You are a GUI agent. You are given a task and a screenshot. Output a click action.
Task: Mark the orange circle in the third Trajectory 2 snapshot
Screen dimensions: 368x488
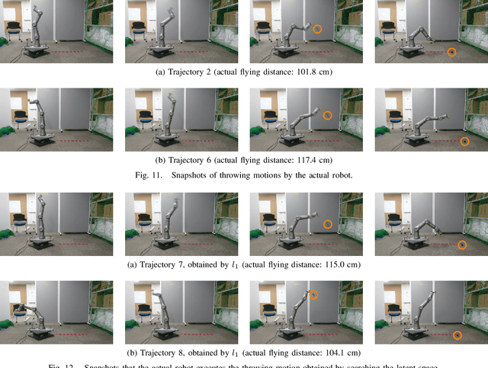pos(317,27)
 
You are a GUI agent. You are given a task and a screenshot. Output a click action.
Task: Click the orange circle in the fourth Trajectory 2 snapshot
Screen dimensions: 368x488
pos(452,52)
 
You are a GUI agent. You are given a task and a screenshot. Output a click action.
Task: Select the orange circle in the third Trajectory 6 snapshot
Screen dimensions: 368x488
pos(327,115)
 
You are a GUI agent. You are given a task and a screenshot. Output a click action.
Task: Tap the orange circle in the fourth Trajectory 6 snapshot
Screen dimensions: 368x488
pos(465,142)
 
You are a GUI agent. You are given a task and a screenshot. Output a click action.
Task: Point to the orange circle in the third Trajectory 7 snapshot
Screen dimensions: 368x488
pos(328,224)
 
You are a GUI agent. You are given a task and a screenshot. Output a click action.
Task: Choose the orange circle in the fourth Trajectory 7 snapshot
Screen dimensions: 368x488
pos(462,245)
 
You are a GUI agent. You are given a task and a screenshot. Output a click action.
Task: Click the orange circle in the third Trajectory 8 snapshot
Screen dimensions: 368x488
pos(313,294)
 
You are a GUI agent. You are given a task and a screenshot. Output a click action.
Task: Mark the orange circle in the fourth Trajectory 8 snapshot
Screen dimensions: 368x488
pos(458,335)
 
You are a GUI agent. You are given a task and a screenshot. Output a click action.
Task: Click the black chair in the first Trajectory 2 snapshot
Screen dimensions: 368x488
pos(14,30)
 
